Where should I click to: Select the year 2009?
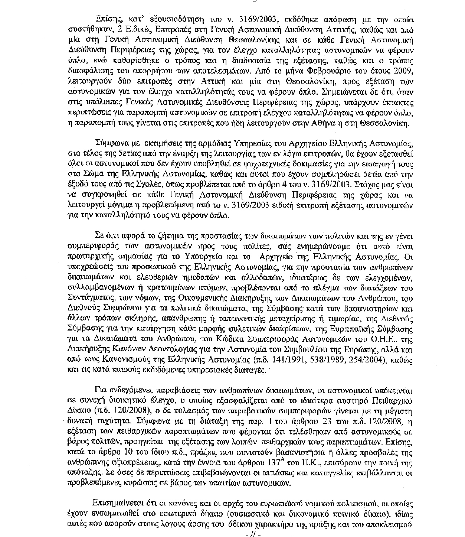click(x=406, y=71)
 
